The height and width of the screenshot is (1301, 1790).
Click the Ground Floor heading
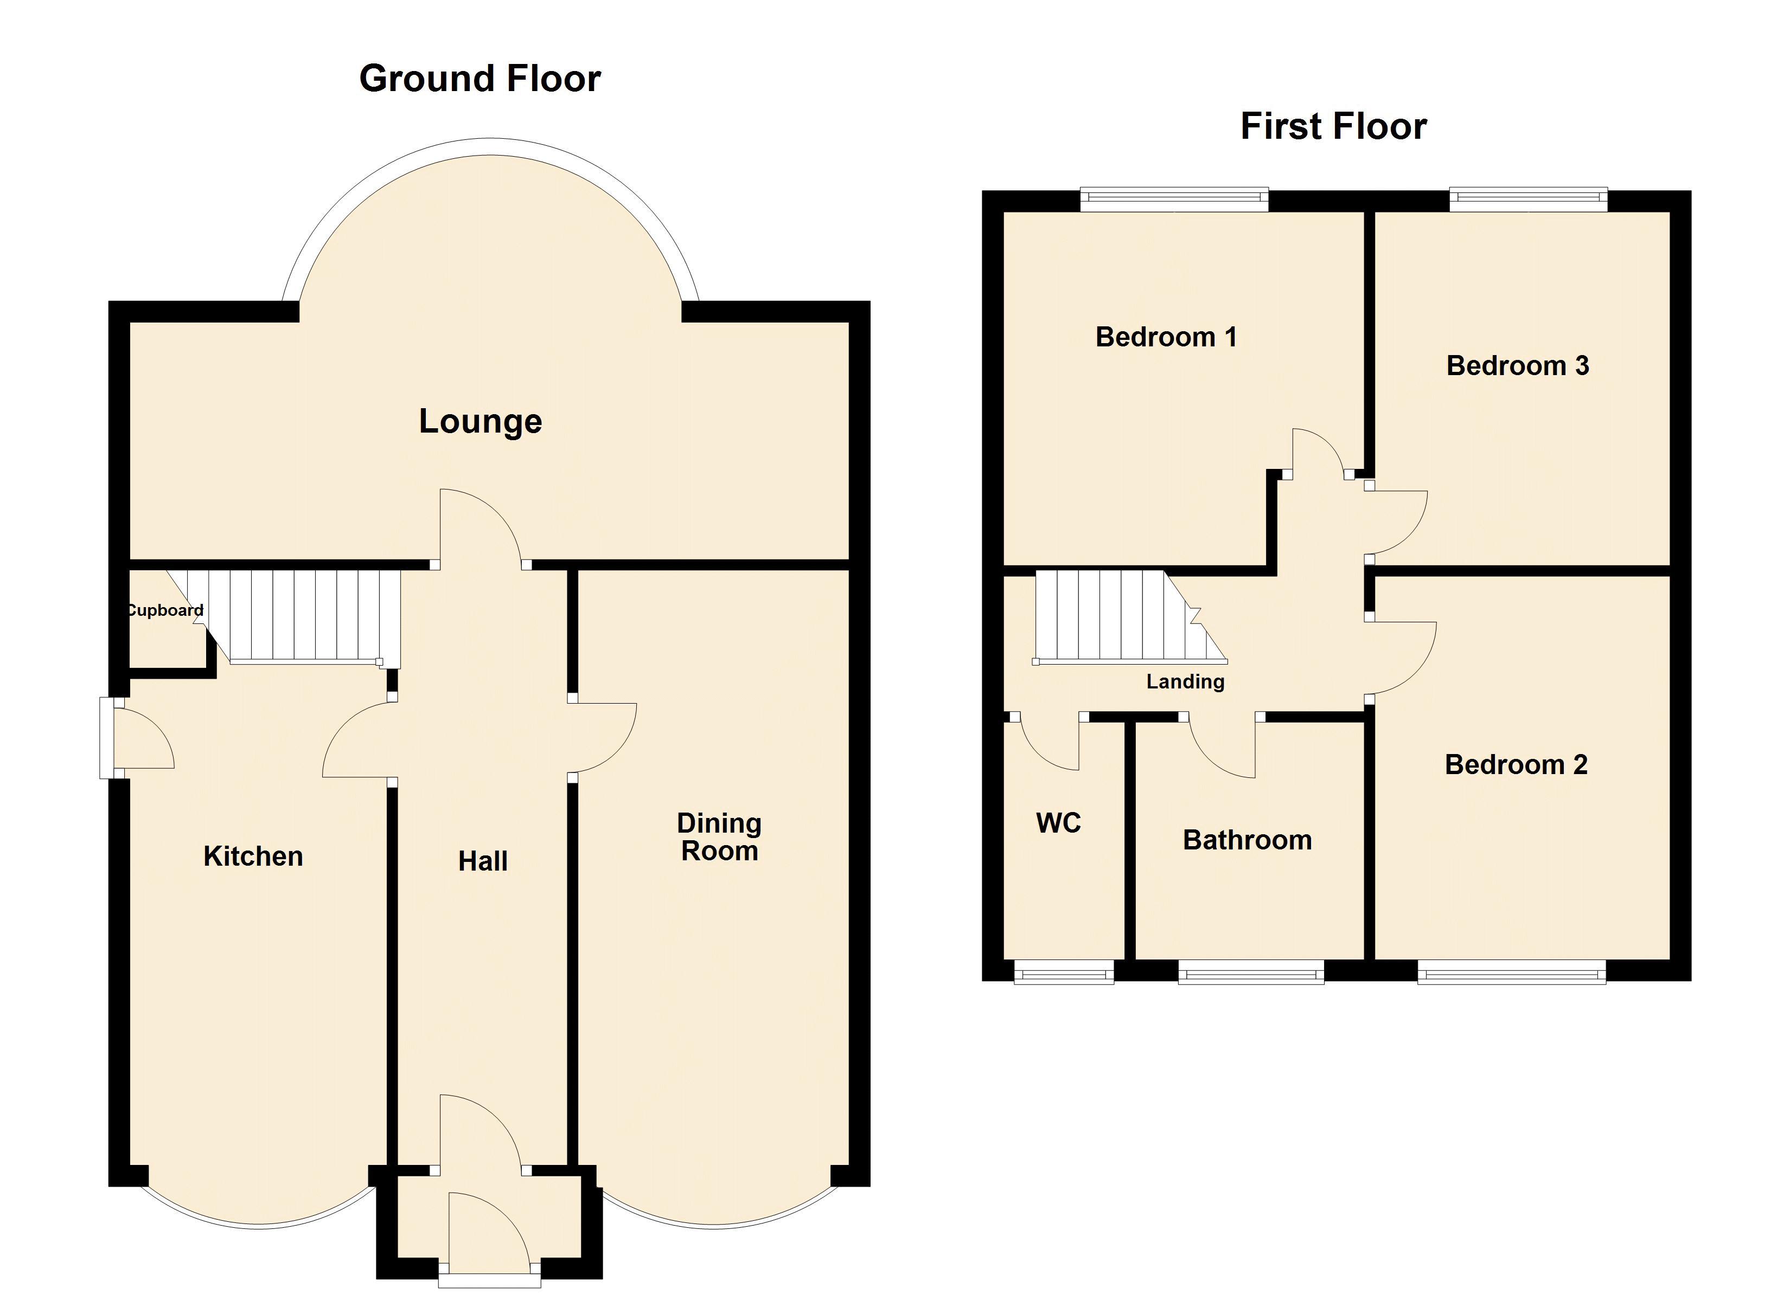[480, 79]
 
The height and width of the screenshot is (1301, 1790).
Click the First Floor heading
[1334, 126]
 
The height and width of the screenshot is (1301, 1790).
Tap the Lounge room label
[481, 421]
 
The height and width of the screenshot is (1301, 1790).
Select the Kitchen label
[253, 856]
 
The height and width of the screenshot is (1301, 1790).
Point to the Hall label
[483, 861]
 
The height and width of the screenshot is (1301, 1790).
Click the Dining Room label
[720, 837]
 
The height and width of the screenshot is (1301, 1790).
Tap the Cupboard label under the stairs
[165, 610]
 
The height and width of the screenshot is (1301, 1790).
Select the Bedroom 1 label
[1166, 337]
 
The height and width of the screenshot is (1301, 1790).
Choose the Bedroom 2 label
[1516, 764]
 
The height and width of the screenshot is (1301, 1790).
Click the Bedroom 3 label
[1518, 365]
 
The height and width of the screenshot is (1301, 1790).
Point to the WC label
[1058, 823]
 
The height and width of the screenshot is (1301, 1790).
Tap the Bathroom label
[1247, 840]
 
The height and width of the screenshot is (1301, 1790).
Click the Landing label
[1185, 681]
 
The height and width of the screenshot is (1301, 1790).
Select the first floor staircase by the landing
[1130, 615]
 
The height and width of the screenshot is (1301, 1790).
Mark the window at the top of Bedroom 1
[1174, 199]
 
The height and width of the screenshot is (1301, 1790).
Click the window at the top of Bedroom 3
[1529, 199]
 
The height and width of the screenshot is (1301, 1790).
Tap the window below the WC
[1064, 972]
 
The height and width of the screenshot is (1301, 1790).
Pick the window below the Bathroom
[1251, 972]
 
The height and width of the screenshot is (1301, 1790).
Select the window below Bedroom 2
[1511, 972]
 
